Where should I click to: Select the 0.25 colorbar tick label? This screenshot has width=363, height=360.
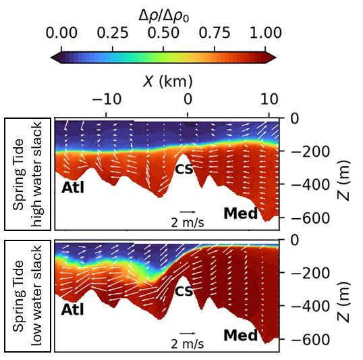[x=113, y=33]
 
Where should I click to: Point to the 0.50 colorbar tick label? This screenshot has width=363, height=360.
[x=163, y=33]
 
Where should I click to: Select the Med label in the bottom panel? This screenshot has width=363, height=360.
[x=241, y=335]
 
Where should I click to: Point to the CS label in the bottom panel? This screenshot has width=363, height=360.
[x=184, y=291]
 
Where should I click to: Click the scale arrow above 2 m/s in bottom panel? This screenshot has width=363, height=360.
[x=190, y=332]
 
